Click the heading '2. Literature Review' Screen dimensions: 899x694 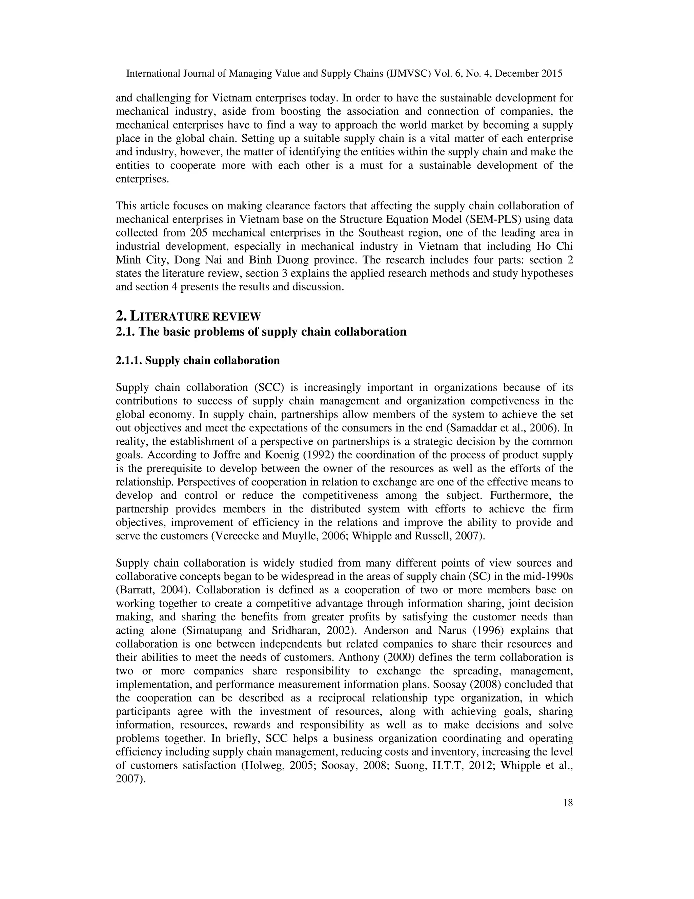point(188,316)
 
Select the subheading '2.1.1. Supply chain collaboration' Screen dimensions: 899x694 point(198,361)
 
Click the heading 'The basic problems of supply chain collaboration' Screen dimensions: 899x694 point(272,332)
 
